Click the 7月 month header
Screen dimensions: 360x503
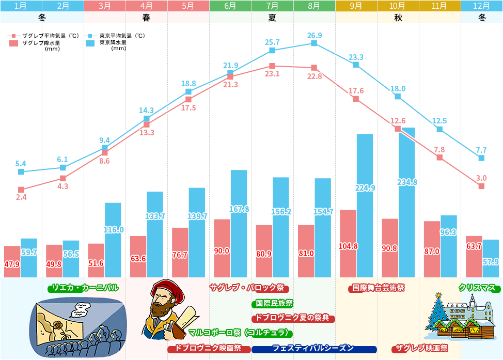(272, 6)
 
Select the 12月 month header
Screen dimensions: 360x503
(482, 6)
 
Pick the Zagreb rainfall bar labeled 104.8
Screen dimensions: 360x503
(348, 243)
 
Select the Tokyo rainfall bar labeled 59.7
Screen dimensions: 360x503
(29, 258)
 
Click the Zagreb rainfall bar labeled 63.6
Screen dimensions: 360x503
(138, 257)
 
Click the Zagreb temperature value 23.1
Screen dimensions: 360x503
(272, 74)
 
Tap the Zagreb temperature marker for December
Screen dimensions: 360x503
(481, 186)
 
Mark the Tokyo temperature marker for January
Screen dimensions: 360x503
(21, 172)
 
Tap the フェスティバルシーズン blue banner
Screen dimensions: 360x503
(313, 348)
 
